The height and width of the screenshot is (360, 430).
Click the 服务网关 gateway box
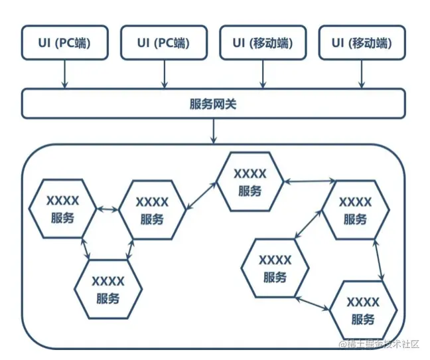(x=213, y=104)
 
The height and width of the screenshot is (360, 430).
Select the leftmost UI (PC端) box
(x=64, y=44)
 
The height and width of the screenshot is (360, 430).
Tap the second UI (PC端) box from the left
(x=163, y=44)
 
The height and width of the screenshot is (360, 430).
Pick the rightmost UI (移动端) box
(x=361, y=44)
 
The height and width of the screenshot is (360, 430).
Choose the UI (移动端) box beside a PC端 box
(x=261, y=44)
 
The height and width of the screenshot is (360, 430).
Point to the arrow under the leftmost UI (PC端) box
(x=64, y=74)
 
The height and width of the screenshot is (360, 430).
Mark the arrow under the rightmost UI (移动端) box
(x=362, y=74)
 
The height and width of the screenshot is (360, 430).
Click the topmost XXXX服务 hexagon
(x=250, y=182)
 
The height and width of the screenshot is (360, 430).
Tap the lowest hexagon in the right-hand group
(x=363, y=310)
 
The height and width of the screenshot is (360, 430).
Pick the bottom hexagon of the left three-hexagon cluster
(x=108, y=290)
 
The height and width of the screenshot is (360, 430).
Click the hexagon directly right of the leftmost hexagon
(x=151, y=210)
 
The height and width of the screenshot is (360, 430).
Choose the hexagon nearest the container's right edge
(x=355, y=210)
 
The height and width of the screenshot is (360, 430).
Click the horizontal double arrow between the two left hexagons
(x=107, y=210)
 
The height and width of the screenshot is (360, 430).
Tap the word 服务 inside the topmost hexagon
(x=250, y=191)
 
